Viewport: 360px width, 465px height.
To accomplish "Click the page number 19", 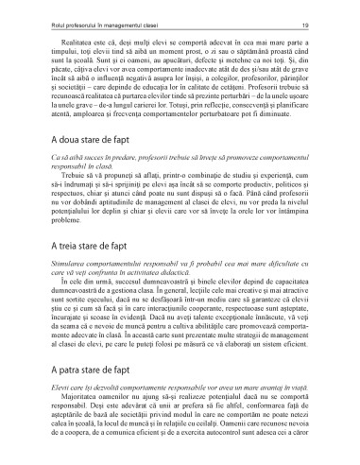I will click(x=322, y=19).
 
